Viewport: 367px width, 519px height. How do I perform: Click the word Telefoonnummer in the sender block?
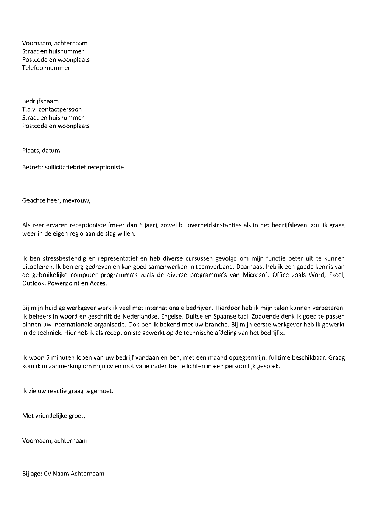[x=46, y=68]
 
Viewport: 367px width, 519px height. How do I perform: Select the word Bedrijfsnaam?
[x=40, y=101]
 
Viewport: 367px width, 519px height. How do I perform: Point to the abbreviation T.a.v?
[x=30, y=110]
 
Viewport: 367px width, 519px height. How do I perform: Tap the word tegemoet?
[x=100, y=391]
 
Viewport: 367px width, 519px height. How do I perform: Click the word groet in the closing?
[x=77, y=416]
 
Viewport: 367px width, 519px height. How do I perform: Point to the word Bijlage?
[x=31, y=474]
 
